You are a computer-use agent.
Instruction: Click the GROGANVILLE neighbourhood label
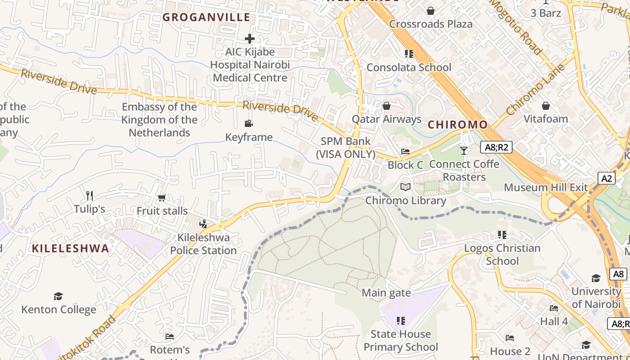click(206, 18)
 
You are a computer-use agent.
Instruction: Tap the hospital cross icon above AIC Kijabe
click(250, 39)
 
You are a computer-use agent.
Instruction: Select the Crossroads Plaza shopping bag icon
click(431, 11)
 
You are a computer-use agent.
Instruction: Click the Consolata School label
click(409, 67)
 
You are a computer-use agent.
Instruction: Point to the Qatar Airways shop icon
click(386, 106)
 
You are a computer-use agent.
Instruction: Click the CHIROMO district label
click(458, 125)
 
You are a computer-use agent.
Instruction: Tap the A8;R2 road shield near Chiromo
click(496, 147)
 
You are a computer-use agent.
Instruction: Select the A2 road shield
click(607, 178)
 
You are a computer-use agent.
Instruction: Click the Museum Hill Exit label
click(545, 187)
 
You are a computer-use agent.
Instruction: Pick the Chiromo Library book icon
click(405, 187)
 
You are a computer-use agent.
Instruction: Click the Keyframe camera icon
click(248, 124)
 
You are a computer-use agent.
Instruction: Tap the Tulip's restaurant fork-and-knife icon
click(90, 195)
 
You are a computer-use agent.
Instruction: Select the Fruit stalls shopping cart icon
click(162, 198)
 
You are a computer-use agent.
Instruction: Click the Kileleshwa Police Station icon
click(203, 224)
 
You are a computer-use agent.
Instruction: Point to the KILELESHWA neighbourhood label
click(71, 248)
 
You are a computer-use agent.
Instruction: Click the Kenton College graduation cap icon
click(58, 296)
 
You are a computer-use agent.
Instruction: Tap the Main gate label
click(387, 293)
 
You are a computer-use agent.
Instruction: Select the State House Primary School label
click(400, 341)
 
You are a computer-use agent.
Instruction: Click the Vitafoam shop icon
click(545, 106)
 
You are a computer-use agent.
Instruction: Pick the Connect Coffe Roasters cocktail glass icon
click(464, 150)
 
